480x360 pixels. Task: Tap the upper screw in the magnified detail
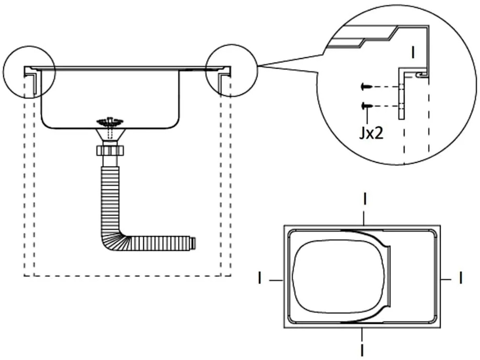[x=366, y=87]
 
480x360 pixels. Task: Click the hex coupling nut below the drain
[x=110, y=151]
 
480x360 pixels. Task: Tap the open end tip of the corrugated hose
[x=193, y=243]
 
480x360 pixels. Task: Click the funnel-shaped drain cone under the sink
[x=110, y=135]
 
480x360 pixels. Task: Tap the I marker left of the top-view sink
[x=260, y=278]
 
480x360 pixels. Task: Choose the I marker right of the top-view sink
[x=461, y=278]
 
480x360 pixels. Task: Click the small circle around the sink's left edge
[x=29, y=72]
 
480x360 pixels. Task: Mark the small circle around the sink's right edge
[x=231, y=70]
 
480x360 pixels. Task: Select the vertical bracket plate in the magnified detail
[x=402, y=94]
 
